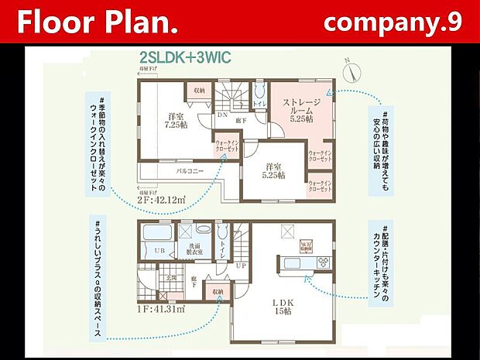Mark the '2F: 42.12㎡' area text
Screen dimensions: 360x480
tap(163, 201)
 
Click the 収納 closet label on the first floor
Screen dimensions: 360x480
tap(217, 292)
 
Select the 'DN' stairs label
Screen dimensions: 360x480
tap(221, 115)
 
